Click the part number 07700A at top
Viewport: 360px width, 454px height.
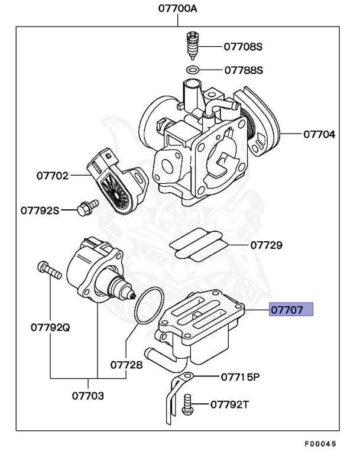point(178,9)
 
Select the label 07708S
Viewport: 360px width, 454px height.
point(243,46)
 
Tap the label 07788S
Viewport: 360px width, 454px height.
point(243,70)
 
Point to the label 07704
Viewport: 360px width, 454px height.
point(319,134)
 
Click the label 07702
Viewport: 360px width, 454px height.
point(52,176)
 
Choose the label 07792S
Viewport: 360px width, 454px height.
point(40,209)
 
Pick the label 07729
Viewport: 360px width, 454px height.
point(265,244)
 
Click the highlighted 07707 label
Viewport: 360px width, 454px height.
point(291,309)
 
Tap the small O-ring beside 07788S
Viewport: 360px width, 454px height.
point(192,70)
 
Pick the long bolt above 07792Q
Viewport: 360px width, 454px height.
point(48,271)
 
